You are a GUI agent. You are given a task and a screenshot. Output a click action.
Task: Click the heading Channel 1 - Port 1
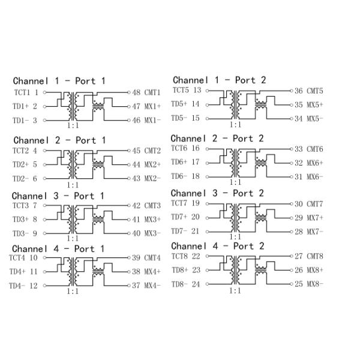coord(59,81)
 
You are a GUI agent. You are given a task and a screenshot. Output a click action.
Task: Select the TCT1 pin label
coord(22,92)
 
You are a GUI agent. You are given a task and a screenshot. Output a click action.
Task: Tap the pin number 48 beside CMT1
coord(136,92)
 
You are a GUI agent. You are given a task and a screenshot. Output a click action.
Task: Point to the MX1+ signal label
coord(152,107)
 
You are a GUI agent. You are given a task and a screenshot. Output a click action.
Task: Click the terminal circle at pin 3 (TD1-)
coord(45,121)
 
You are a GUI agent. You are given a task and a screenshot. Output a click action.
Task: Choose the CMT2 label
coord(152,151)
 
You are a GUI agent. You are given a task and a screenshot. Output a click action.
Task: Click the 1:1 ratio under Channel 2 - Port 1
coord(73,185)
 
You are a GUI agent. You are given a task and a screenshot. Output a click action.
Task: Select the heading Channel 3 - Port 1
coord(58,196)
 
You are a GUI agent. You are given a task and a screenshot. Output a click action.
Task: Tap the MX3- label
coord(152,233)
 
